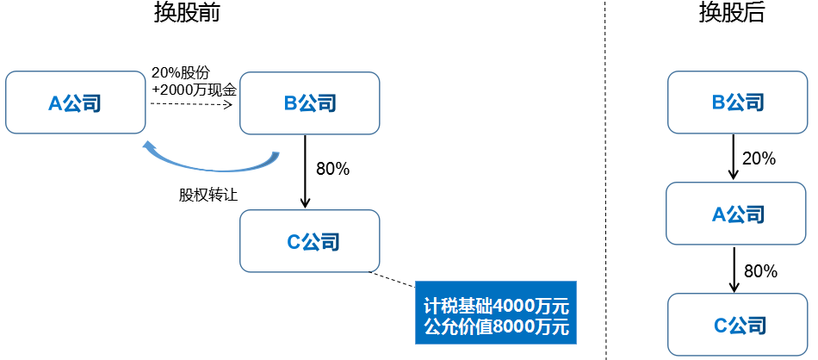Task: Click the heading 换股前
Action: coord(187,13)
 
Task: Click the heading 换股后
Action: coord(732,13)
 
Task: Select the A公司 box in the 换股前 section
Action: coord(75,102)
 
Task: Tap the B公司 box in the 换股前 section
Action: coord(310,102)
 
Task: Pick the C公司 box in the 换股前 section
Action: coord(310,240)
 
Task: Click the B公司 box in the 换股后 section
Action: coord(737,102)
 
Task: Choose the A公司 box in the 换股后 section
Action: coord(736,214)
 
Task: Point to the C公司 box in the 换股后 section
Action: coord(738,325)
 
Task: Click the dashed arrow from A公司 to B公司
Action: coord(191,104)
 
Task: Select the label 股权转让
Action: coord(208,196)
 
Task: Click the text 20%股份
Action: coord(181,72)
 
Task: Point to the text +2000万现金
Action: coord(195,90)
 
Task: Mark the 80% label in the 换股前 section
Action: coord(333,169)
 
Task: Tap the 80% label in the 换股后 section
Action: coord(760,271)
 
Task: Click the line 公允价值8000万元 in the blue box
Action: coord(496,327)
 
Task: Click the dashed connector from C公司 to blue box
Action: coord(392,279)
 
